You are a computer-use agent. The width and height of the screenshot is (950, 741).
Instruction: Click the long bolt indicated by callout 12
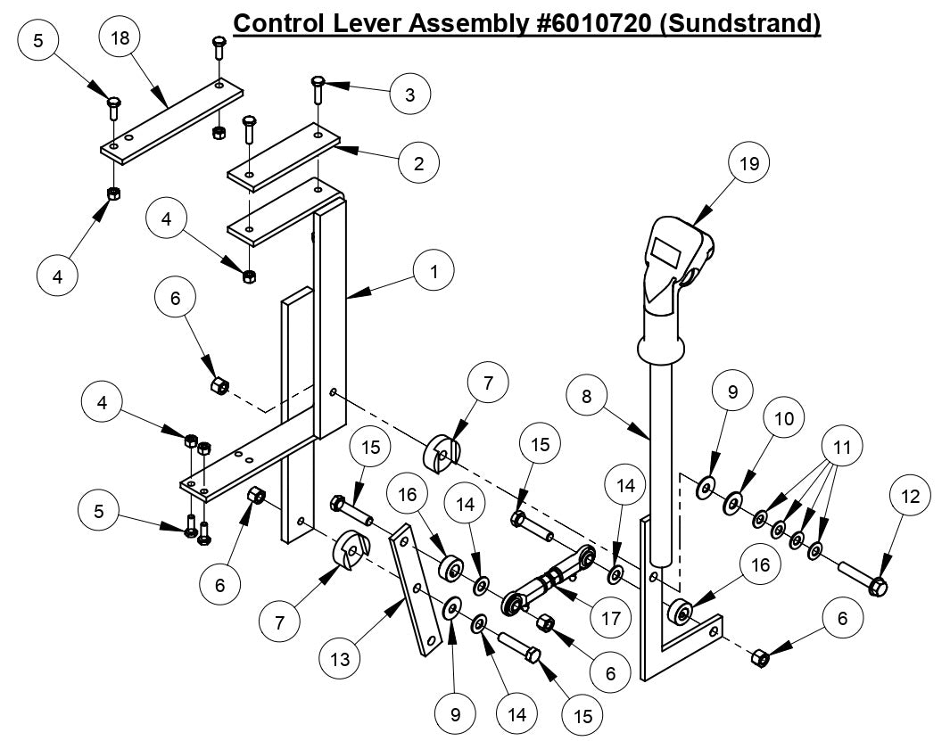click(x=861, y=578)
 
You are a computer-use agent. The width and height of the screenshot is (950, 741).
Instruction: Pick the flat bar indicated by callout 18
click(x=169, y=119)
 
